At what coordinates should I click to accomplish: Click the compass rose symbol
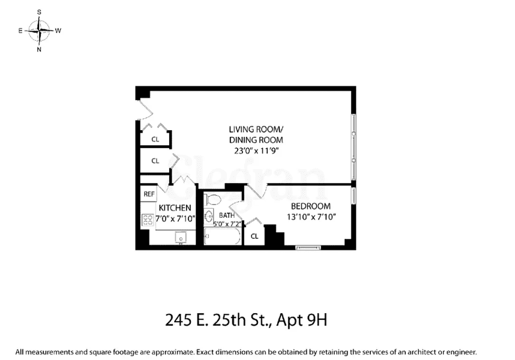(40, 30)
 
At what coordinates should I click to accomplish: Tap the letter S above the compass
(40, 11)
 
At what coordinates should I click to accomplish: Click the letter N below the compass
(40, 50)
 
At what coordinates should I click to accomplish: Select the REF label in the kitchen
(148, 194)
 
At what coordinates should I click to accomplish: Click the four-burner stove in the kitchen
(148, 220)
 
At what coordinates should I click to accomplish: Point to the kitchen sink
(180, 238)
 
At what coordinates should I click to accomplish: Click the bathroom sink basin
(209, 217)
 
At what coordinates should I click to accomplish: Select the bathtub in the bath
(222, 236)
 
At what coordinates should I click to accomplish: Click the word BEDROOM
(310, 206)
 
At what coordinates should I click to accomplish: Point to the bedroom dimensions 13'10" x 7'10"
(310, 217)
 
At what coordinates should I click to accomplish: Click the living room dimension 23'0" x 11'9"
(255, 151)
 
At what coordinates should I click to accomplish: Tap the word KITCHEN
(175, 208)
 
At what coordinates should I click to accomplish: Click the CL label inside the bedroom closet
(254, 236)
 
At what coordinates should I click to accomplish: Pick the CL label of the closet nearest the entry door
(155, 139)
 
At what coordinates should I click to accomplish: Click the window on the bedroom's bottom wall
(312, 247)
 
